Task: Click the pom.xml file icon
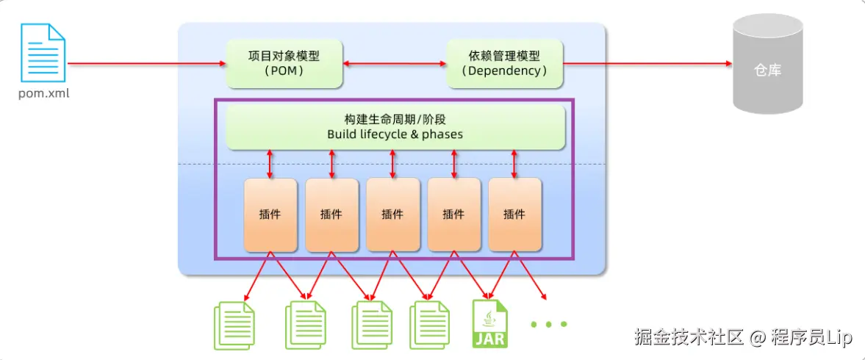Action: pyautogui.click(x=43, y=54)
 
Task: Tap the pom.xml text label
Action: pyautogui.click(x=44, y=94)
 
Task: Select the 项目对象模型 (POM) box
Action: pyautogui.click(x=284, y=63)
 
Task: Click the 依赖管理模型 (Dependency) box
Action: pyautogui.click(x=505, y=63)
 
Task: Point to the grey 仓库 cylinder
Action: pyautogui.click(x=767, y=64)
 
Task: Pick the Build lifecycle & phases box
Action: pyautogui.click(x=395, y=127)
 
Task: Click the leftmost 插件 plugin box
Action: pyautogui.click(x=270, y=215)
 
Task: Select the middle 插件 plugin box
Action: pyautogui.click(x=392, y=215)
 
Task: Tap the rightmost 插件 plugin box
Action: pyautogui.click(x=514, y=215)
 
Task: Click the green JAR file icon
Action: pyautogui.click(x=490, y=323)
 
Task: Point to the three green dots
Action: pyautogui.click(x=549, y=324)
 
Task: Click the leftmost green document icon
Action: pyautogui.click(x=234, y=325)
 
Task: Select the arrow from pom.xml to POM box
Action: pyautogui.click(x=147, y=63)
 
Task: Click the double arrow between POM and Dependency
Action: pyautogui.click(x=395, y=63)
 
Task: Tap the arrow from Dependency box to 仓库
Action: pyautogui.click(x=647, y=63)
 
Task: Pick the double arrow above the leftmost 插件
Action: pyautogui.click(x=270, y=164)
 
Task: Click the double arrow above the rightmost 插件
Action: pyautogui.click(x=514, y=164)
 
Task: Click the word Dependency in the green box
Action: pyautogui.click(x=505, y=71)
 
